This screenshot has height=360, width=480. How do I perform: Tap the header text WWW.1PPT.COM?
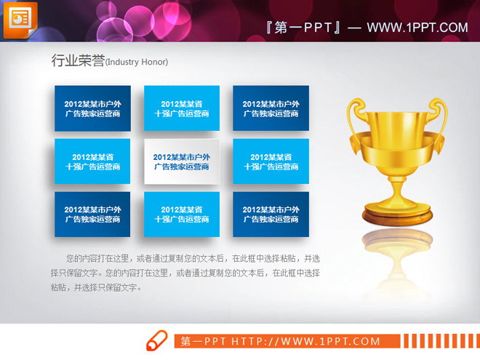(x=417, y=28)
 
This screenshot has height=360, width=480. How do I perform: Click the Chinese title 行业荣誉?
(x=77, y=61)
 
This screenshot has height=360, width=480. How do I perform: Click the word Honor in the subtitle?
(x=156, y=63)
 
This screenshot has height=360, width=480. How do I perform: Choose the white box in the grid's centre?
(x=182, y=161)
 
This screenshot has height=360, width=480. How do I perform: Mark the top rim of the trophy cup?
(x=397, y=108)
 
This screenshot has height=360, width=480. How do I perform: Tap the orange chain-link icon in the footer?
(x=157, y=340)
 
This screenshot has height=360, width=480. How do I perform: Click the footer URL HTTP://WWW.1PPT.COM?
(x=305, y=341)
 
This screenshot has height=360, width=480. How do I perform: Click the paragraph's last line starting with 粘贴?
(x=95, y=287)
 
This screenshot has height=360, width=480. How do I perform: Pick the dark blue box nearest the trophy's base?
(x=271, y=215)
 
